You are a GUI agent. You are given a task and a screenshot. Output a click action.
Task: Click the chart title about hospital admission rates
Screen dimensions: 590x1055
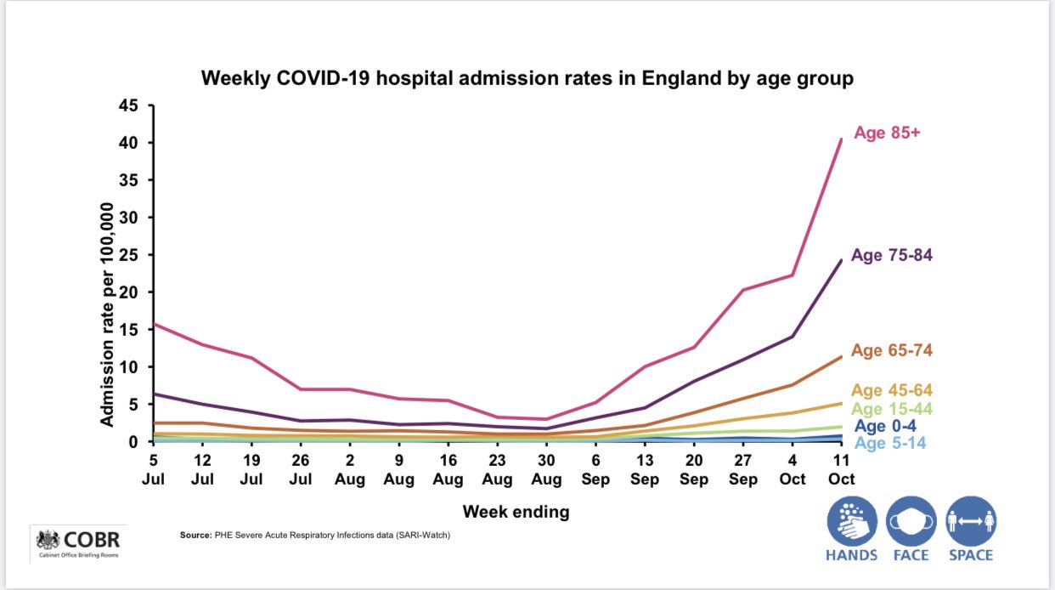(527, 79)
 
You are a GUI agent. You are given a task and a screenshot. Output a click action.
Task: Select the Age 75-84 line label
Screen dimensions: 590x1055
(892, 255)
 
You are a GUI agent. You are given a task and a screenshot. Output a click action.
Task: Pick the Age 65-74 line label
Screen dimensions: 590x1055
(892, 350)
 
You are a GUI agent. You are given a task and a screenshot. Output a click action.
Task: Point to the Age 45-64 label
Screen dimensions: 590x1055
(892, 391)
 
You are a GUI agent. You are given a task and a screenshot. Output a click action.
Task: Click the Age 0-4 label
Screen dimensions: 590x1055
(885, 427)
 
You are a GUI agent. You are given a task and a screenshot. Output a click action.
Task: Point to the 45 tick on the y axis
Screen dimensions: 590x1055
(129, 106)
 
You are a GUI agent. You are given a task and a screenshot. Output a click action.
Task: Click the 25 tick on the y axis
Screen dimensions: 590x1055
(129, 256)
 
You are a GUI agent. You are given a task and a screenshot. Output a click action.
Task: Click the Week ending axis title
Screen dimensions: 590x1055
(516, 512)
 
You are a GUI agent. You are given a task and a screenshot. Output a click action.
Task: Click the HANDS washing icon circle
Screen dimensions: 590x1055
(851, 521)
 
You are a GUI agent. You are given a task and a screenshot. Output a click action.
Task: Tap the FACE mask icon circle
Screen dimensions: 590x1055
(911, 521)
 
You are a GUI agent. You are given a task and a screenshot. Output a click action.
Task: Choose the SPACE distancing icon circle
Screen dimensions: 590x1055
(971, 521)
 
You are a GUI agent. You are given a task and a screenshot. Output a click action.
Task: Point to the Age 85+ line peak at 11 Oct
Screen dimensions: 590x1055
(841, 139)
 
